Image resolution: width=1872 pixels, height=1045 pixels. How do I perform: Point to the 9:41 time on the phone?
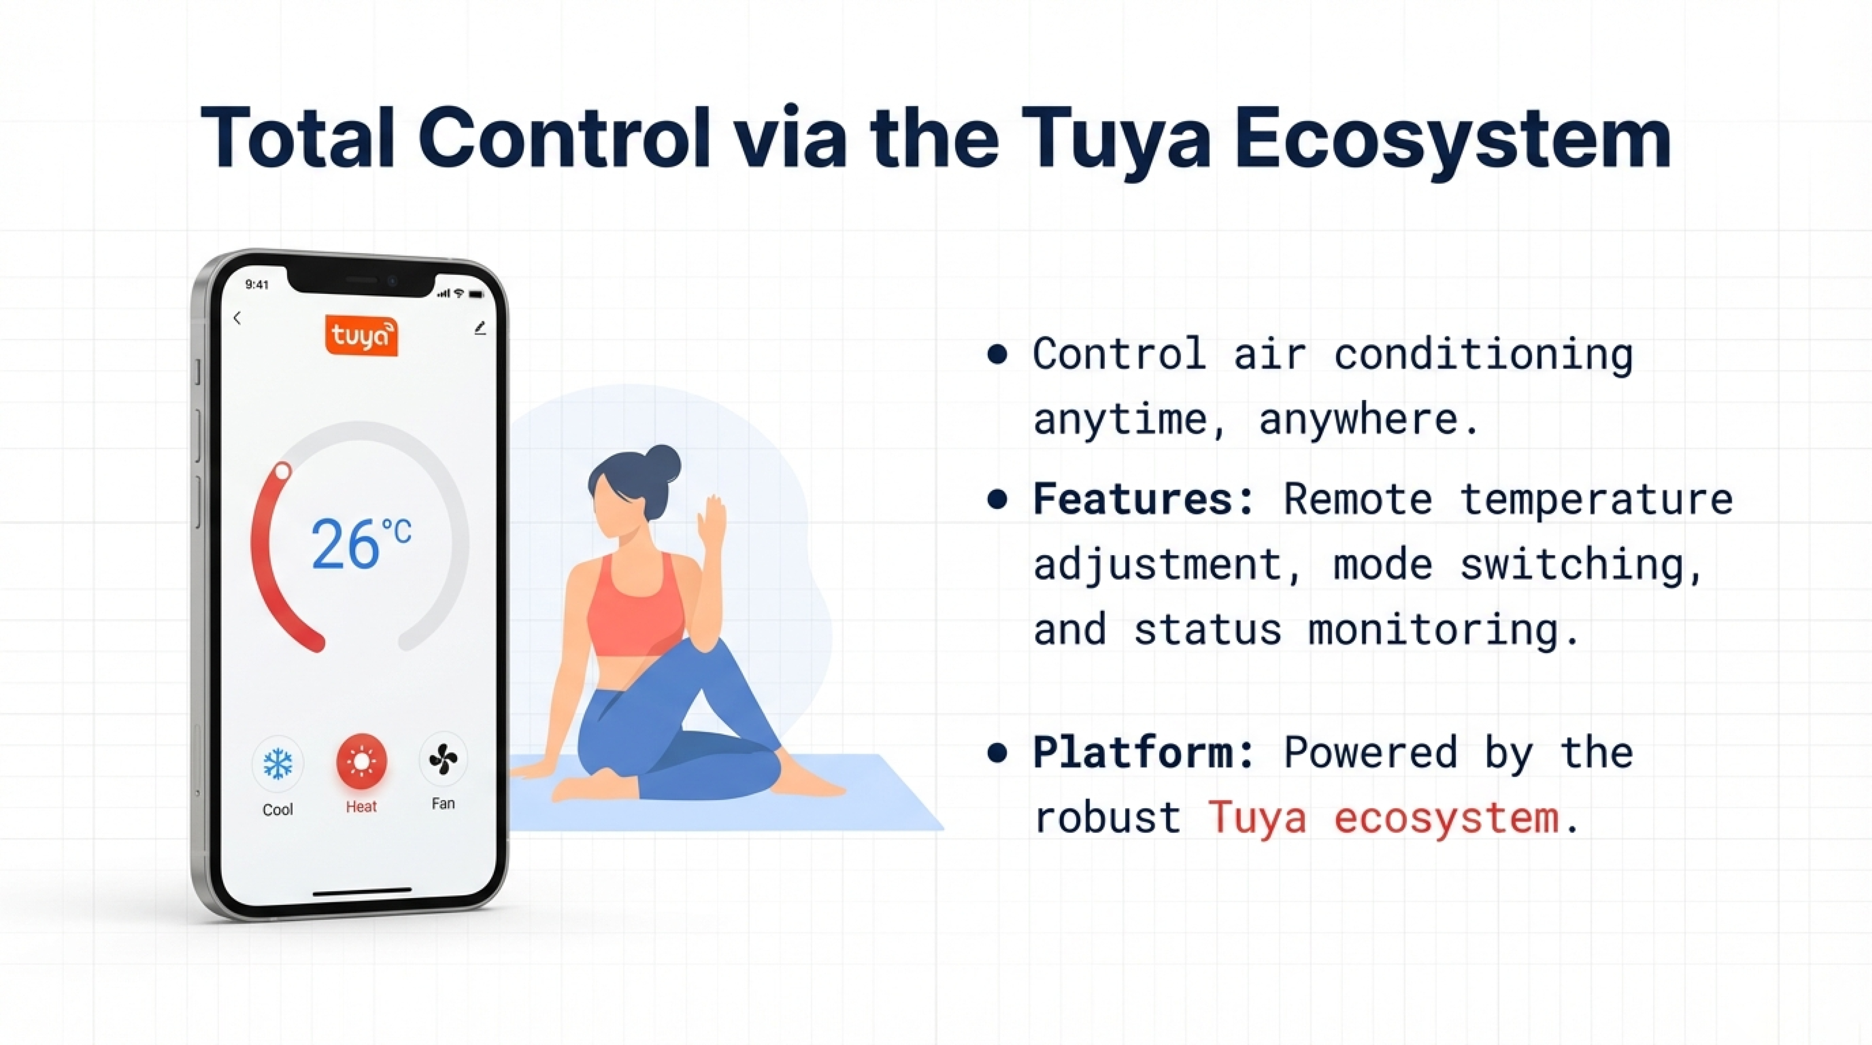pyautogui.click(x=257, y=284)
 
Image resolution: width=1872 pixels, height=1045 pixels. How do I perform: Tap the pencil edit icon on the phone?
pyautogui.click(x=480, y=329)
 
